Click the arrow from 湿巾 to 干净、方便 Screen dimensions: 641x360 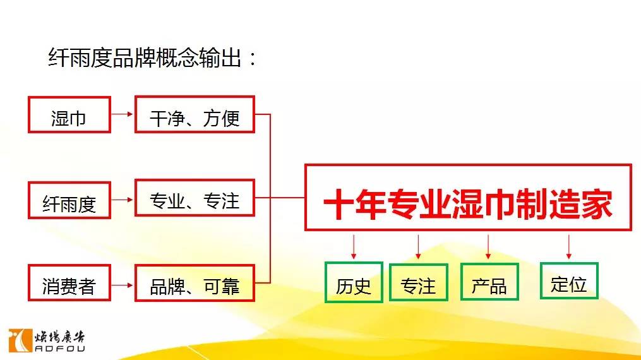123,114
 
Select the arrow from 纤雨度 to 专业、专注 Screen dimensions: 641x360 123,200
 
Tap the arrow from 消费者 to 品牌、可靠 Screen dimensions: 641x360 123,285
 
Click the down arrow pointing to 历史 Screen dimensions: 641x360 354,247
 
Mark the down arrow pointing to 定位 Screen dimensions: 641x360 568,247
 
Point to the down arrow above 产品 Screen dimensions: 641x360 488,247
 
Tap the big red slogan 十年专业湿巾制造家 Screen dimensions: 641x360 468,203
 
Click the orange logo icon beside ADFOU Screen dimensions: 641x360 20,340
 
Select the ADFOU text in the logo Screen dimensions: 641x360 60,349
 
